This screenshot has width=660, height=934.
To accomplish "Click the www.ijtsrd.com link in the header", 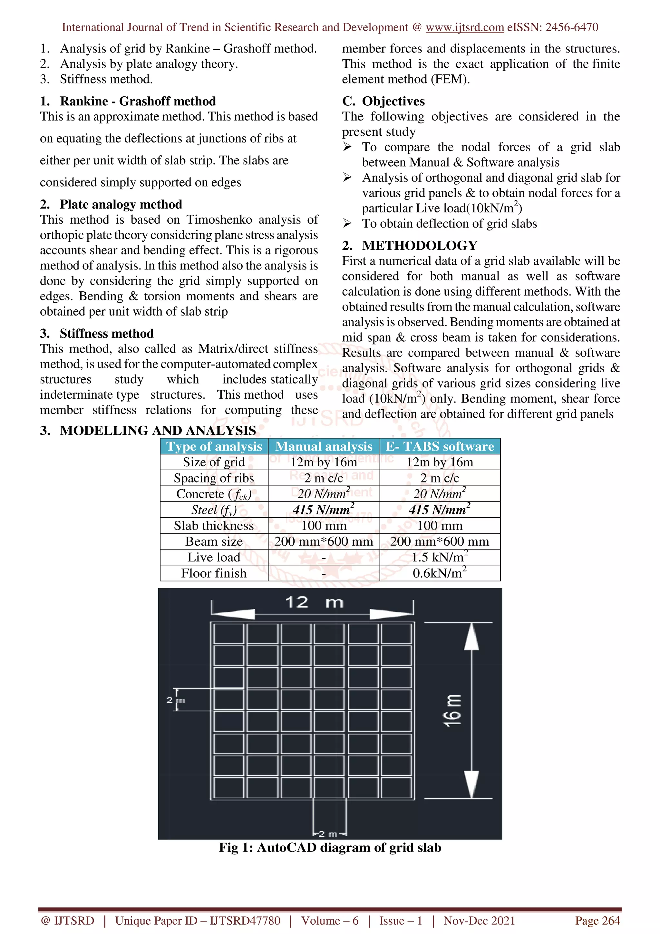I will (x=464, y=27).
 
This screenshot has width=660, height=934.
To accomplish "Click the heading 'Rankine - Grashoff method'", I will (x=138, y=101).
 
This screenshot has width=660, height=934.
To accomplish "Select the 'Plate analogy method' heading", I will (x=121, y=204).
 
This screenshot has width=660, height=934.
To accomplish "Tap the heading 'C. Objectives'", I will (x=383, y=101).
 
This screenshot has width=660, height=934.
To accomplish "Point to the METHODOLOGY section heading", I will (x=420, y=245).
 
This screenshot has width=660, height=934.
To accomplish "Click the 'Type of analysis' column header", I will (x=214, y=446).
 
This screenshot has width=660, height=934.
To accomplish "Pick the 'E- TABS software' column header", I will (x=440, y=446).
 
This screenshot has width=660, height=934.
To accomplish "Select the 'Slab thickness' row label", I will (x=214, y=526).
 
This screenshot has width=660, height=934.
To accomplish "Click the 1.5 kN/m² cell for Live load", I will (x=440, y=557).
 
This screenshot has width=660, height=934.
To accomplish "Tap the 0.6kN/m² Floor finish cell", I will (x=440, y=573).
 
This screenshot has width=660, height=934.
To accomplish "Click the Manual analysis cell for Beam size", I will (x=324, y=541).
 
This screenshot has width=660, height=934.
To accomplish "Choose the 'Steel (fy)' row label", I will (x=214, y=510).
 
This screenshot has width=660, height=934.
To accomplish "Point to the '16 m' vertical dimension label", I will (x=452, y=710).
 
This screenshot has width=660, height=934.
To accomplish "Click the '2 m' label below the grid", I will (x=329, y=834).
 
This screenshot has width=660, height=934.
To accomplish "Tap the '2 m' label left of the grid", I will (x=175, y=700).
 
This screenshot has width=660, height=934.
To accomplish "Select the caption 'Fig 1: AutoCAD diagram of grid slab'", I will (x=330, y=848).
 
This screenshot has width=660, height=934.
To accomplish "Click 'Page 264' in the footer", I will (x=597, y=920).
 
